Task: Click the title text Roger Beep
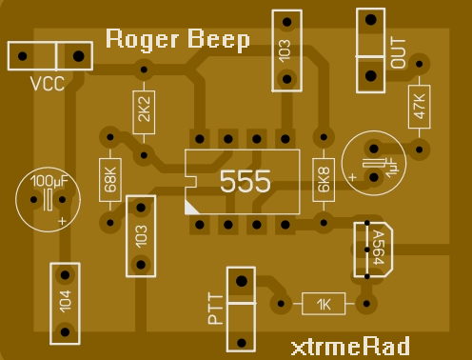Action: click(x=178, y=39)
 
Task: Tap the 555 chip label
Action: click(x=245, y=181)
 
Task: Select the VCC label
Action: click(x=47, y=84)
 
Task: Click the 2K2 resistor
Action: click(x=144, y=112)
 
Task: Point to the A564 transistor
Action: click(x=374, y=248)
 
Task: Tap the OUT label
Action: click(x=398, y=52)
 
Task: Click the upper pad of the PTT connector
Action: click(x=242, y=281)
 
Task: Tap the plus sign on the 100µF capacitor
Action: click(x=63, y=221)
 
